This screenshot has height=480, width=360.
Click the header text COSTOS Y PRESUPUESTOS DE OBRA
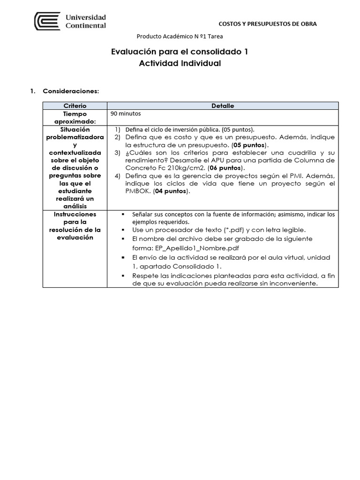click(268, 23)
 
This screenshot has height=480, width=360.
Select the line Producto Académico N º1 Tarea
click(180, 37)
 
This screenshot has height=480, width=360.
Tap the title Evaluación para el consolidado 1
click(180, 52)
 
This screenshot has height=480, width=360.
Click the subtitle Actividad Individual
click(180, 63)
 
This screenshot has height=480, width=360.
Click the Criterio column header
click(75, 106)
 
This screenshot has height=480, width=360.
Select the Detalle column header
click(223, 106)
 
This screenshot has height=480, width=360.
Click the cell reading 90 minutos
click(126, 113)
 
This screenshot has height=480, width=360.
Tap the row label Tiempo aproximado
click(75, 118)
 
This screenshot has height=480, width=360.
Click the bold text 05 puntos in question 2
click(249, 145)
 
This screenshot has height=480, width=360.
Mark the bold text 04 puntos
click(172, 191)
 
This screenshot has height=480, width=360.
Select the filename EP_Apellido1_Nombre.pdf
click(186, 248)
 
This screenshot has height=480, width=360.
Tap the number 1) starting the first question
click(117, 129)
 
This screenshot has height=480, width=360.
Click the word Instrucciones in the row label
click(75, 214)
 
